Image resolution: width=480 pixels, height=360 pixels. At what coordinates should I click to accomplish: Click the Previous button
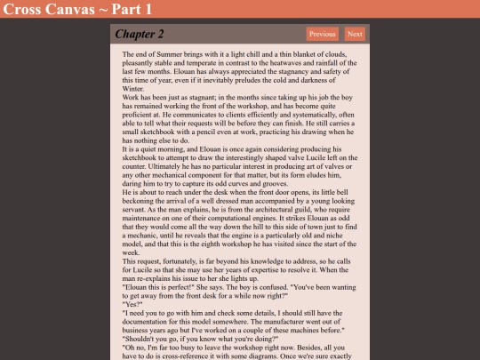coord(323,34)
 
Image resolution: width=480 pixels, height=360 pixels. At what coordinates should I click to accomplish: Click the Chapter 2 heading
coord(140,35)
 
